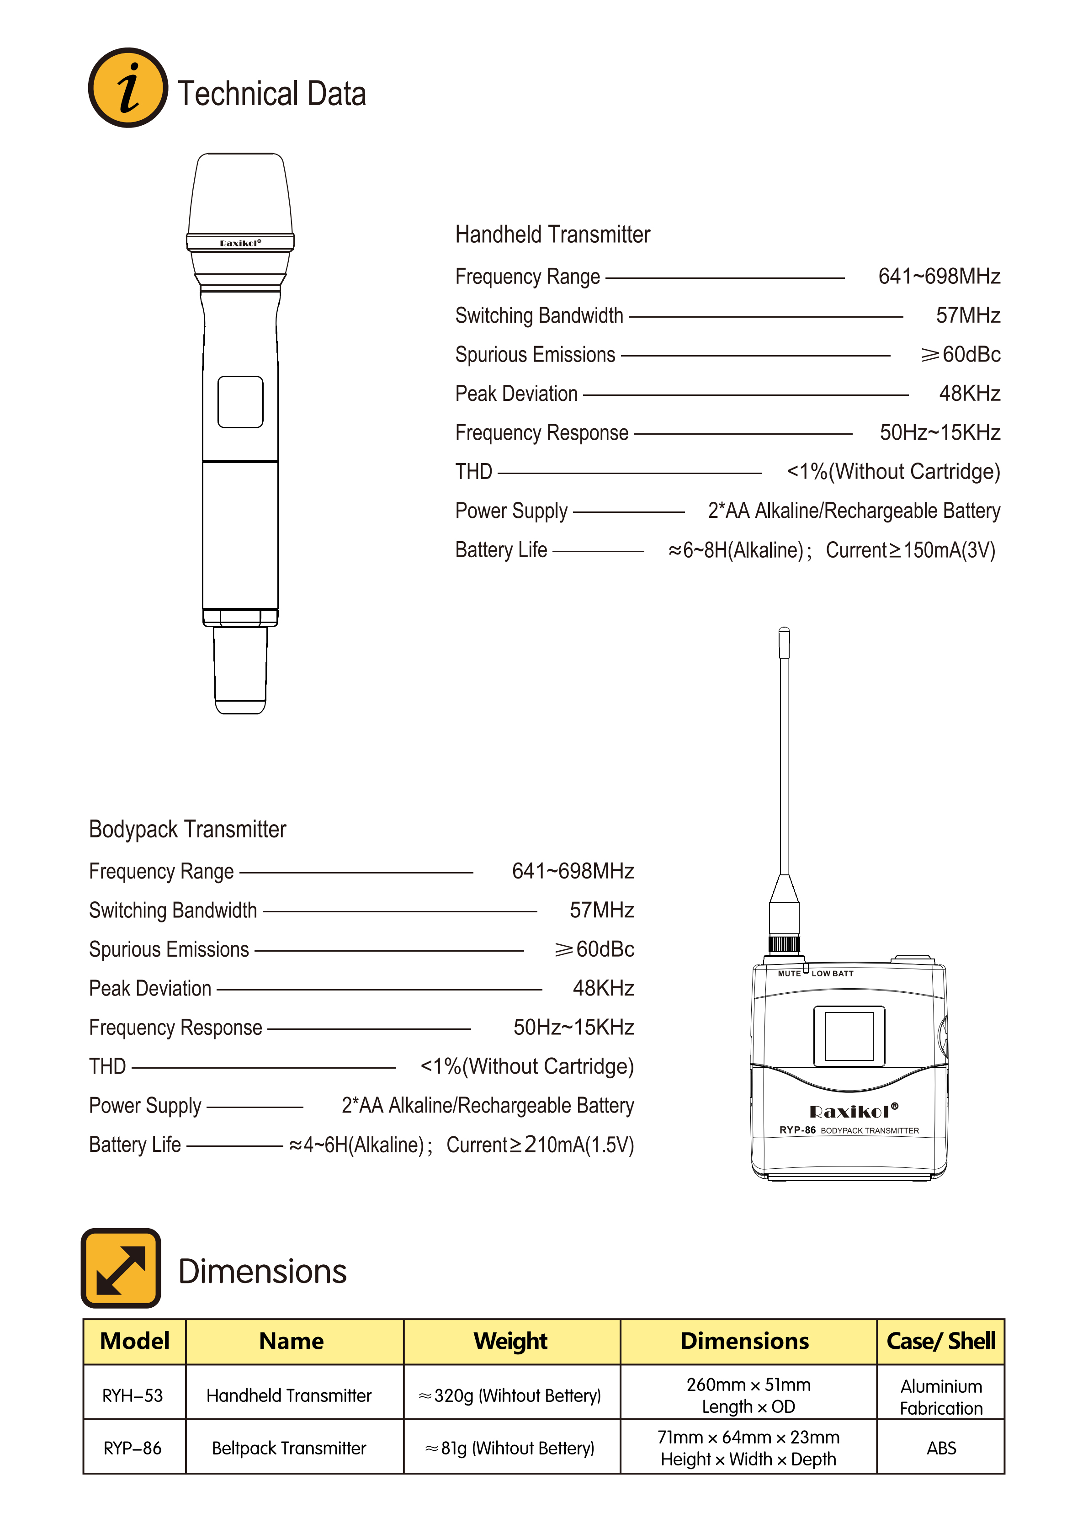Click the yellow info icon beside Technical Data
coord(128,88)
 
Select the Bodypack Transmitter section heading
coord(188,829)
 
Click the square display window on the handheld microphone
coord(240,401)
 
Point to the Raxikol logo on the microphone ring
coord(240,243)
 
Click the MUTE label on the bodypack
coord(789,973)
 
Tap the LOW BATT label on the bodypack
coord(832,973)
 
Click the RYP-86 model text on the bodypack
coord(797,1129)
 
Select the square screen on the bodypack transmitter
coord(849,1036)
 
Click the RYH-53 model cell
coord(133,1395)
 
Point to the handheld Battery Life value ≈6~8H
coord(736,550)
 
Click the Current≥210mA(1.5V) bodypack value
coord(540,1145)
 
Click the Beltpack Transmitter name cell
coord(289,1448)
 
